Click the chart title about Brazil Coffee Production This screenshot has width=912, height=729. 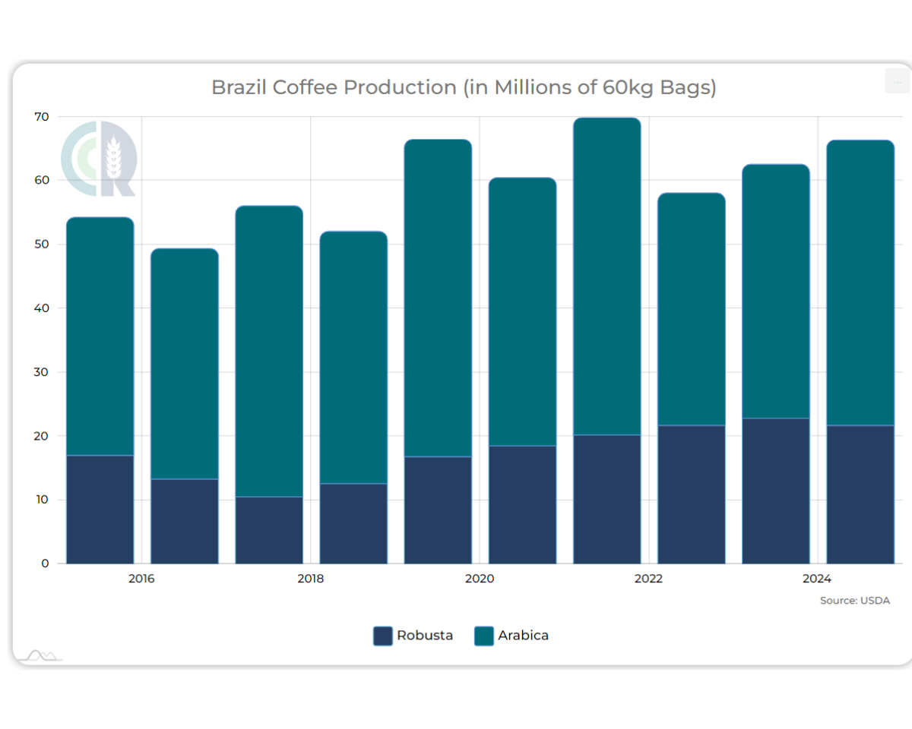464,87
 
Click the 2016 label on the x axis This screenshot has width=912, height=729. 141,579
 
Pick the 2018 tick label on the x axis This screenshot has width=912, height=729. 310,579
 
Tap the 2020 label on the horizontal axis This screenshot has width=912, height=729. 479,579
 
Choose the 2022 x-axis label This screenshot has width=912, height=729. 648,579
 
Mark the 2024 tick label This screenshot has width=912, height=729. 817,579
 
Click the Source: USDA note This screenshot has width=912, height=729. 854,601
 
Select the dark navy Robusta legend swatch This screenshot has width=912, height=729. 382,636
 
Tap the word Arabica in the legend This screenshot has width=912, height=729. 523,636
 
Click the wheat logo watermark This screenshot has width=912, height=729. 99,158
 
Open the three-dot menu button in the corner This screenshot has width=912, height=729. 897,80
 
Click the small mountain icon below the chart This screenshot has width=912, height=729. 41,655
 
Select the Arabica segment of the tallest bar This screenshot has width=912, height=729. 606,276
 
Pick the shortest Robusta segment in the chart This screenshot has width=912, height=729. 269,530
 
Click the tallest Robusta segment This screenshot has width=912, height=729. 775,491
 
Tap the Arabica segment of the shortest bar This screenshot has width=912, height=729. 185,364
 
